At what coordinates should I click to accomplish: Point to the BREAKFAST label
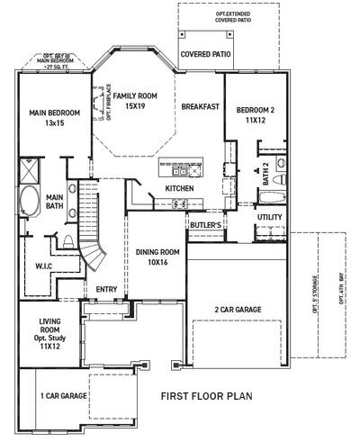click(200, 106)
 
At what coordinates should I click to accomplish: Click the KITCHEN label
click(179, 187)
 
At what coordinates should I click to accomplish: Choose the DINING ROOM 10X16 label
click(157, 257)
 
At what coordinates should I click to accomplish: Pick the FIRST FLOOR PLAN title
click(204, 396)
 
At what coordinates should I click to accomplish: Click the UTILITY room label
click(270, 217)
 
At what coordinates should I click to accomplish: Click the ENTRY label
click(106, 289)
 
